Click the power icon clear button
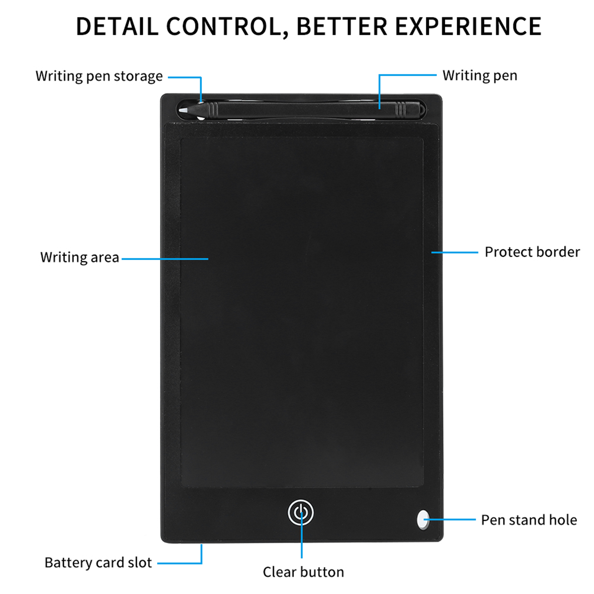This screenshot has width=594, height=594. (x=301, y=513)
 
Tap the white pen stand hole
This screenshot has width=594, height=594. (x=423, y=519)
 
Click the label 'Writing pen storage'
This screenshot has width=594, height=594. (x=99, y=76)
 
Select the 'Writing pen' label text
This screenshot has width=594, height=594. (x=480, y=76)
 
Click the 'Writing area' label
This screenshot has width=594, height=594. (x=80, y=257)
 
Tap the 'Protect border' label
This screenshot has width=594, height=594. (x=532, y=252)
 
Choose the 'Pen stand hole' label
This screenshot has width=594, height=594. (x=529, y=520)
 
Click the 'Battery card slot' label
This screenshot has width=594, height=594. (x=98, y=563)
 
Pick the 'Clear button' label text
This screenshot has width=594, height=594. (x=303, y=572)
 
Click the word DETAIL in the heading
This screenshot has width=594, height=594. (x=117, y=26)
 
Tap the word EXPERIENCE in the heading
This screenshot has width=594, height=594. (x=468, y=26)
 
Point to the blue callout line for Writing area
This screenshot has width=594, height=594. (x=165, y=259)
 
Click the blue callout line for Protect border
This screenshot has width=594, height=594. (x=454, y=252)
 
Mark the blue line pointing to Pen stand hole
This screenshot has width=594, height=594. (x=450, y=519)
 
